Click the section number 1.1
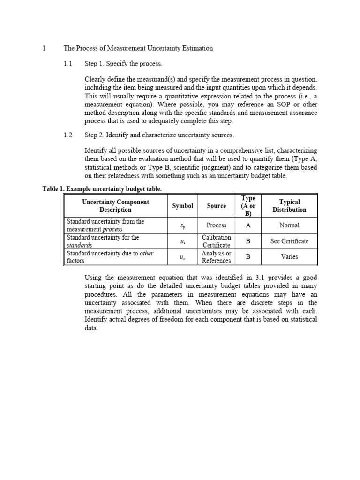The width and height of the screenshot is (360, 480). click(68, 63)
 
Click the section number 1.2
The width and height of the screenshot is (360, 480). click(68, 135)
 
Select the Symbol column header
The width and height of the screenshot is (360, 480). click(182, 206)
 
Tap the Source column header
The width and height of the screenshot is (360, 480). click(216, 206)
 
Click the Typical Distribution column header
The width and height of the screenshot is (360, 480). click(289, 206)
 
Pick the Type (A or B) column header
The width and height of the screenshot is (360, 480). click(248, 206)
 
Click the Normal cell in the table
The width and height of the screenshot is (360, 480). click(289, 225)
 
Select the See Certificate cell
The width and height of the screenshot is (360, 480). click(289, 241)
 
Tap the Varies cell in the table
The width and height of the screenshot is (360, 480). click(289, 257)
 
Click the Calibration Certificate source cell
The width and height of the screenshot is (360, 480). click(216, 241)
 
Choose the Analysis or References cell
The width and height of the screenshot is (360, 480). click(216, 257)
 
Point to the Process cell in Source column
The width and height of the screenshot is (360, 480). click(216, 225)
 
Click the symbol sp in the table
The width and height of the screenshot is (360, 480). click(182, 226)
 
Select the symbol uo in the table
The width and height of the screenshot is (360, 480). click(182, 257)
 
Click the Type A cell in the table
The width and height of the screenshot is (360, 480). click(248, 225)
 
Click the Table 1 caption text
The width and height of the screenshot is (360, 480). click(102, 188)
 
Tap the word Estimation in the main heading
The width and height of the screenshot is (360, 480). click(197, 48)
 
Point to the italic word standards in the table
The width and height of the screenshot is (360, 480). click(79, 245)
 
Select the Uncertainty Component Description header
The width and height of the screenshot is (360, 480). click(115, 206)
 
